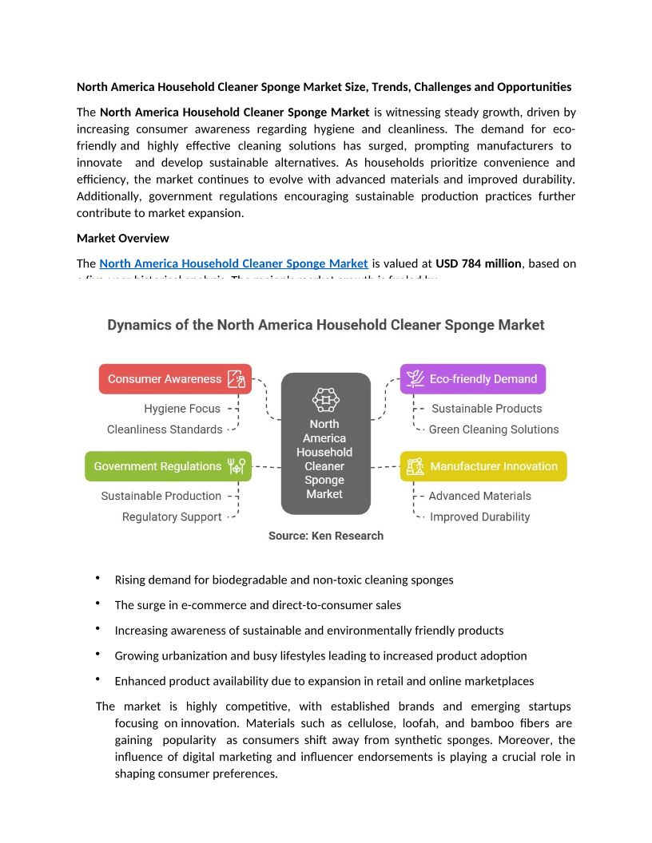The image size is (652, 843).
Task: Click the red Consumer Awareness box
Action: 175,379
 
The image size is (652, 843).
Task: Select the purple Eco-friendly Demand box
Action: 472,379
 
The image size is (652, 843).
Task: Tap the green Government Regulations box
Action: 168,466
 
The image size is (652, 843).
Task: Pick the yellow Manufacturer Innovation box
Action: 483,466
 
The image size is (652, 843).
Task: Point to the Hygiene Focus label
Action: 182,409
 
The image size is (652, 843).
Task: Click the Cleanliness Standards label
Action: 165,429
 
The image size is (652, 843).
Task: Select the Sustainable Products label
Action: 487,409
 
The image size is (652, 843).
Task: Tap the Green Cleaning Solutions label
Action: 494,429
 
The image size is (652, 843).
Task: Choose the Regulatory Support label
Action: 172,516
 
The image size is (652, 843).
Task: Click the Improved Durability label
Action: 479,516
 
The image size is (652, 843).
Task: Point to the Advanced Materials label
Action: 479,496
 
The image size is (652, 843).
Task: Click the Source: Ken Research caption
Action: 326,536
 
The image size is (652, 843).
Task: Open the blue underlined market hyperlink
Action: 233,263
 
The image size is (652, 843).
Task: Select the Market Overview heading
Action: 123,238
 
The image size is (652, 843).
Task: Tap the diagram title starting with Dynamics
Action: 326,325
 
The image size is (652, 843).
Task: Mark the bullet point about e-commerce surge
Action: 258,605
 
